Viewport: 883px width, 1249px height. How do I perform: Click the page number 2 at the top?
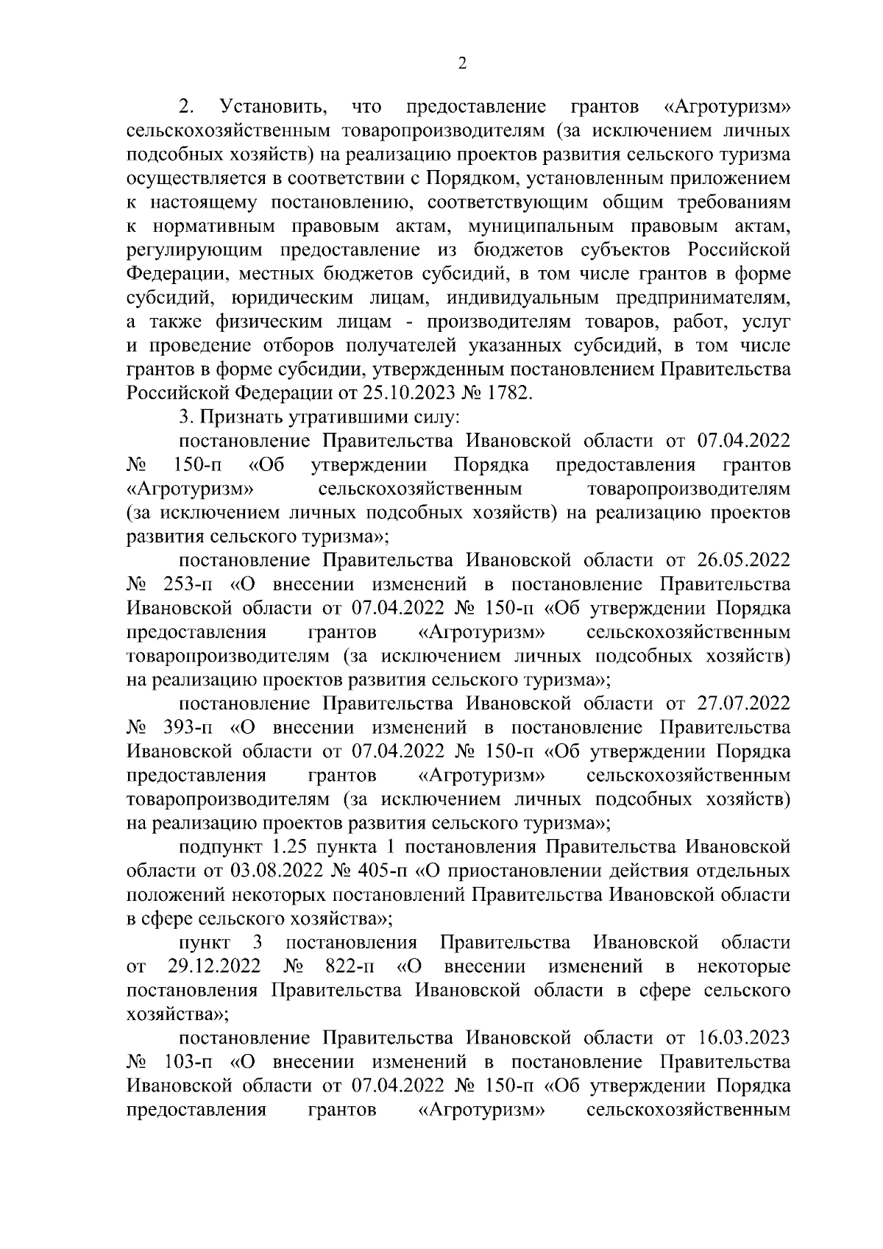click(463, 64)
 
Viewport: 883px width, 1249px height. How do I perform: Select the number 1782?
click(507, 392)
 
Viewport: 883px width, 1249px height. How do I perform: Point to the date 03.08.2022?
click(277, 871)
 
